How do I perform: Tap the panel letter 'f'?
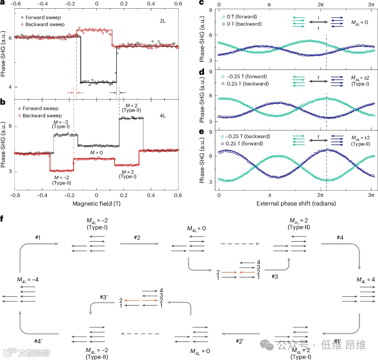3,217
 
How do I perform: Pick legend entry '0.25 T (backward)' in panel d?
247,84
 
